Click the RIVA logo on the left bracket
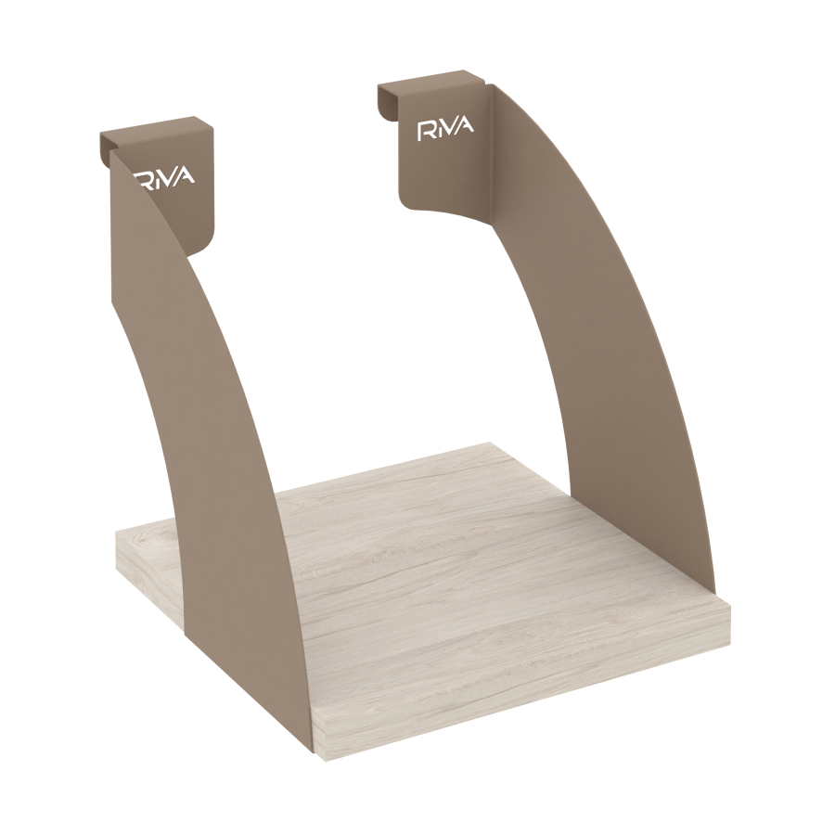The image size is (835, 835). [165, 178]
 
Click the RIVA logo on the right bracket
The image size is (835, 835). [445, 129]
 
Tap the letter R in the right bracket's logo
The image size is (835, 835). [426, 132]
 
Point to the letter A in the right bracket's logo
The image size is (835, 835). [465, 124]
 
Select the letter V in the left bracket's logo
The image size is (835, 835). [170, 176]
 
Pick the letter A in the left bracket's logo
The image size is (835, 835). [186, 174]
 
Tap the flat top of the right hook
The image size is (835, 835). [431, 78]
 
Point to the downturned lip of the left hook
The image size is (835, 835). [106, 148]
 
